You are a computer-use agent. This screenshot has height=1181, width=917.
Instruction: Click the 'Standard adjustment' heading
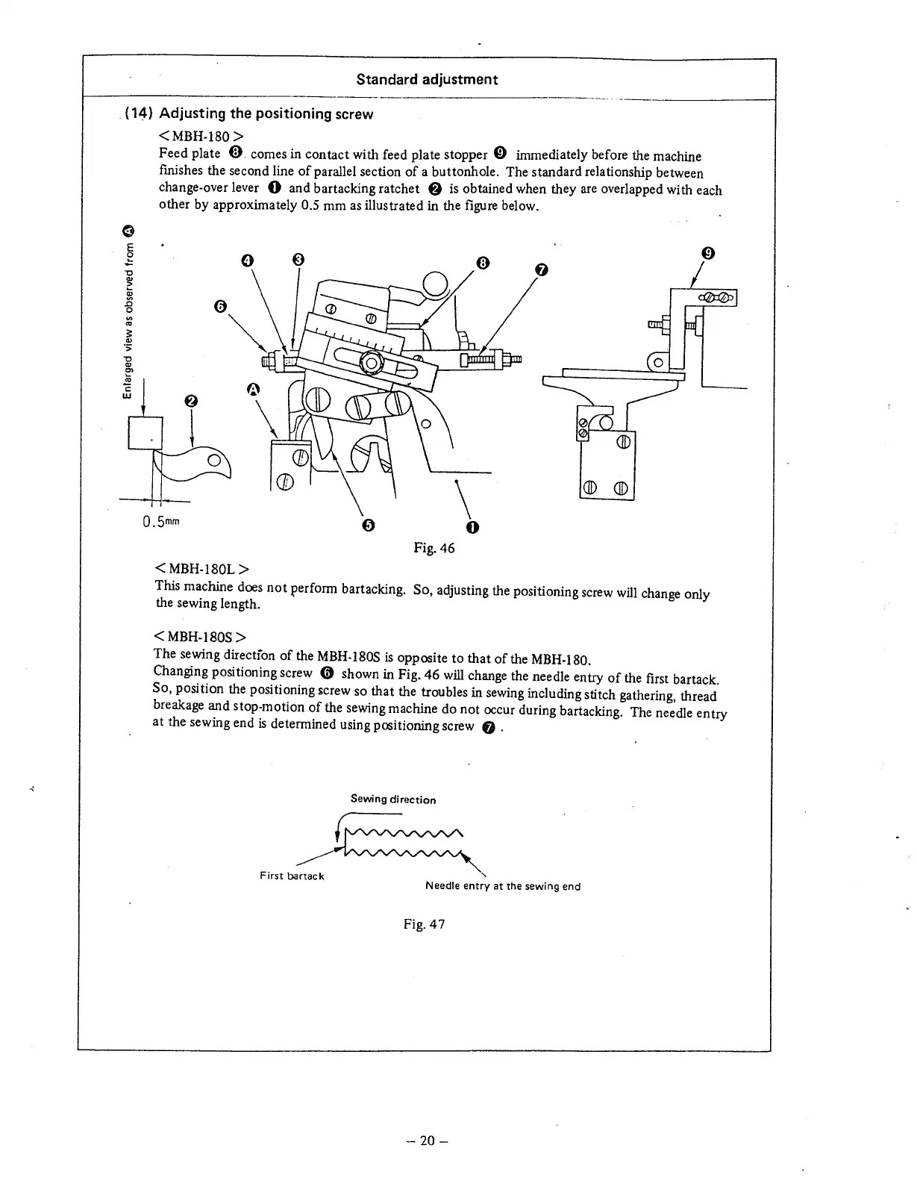427,79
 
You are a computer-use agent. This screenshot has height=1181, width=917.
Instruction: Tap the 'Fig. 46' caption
434,549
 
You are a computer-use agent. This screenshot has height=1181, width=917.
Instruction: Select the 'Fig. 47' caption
424,924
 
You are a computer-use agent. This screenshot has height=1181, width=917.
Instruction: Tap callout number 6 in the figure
219,306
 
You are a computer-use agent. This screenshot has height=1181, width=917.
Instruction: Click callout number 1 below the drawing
472,529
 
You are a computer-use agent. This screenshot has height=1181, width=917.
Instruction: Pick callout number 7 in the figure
542,269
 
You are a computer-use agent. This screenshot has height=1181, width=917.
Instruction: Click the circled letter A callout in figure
252,389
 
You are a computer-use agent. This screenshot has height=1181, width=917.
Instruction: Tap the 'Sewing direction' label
393,800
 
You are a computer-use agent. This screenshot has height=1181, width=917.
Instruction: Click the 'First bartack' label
292,876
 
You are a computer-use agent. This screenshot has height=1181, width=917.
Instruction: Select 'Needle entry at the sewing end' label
502,886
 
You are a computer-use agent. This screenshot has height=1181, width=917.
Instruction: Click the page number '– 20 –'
426,1140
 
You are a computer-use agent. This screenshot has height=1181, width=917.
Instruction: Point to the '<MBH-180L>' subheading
200,571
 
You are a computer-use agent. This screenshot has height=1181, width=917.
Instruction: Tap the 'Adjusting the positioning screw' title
266,113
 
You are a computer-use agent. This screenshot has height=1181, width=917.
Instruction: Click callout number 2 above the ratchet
191,402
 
